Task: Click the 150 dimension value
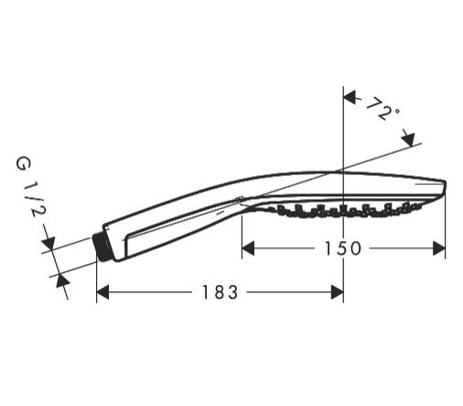(x=343, y=248)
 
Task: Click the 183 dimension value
(x=220, y=292)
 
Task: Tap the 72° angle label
(x=382, y=109)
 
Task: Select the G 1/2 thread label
(x=30, y=187)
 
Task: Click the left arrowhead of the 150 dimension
(x=248, y=248)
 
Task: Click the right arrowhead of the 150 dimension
(x=439, y=248)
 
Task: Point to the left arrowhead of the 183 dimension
(x=102, y=292)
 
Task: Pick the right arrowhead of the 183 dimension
(x=338, y=292)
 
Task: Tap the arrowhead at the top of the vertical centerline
(x=350, y=97)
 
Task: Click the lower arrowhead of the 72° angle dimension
(x=408, y=139)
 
